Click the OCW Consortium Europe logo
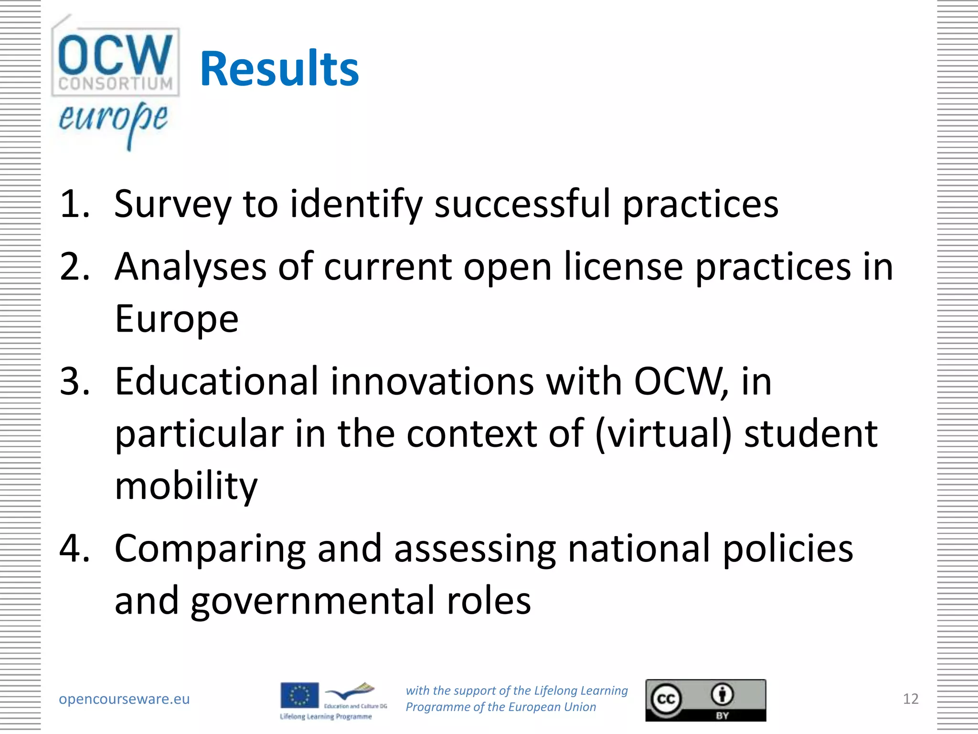pyautogui.click(x=115, y=81)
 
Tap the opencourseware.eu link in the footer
pyautogui.click(x=124, y=699)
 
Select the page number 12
pyautogui.click(x=910, y=699)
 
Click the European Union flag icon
pyautogui.click(x=299, y=695)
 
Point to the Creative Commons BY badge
pyautogui.click(x=705, y=700)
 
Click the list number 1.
pyautogui.click(x=74, y=204)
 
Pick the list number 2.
pyautogui.click(x=74, y=266)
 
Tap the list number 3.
pyautogui.click(x=74, y=381)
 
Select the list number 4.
pyautogui.click(x=74, y=548)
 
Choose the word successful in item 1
pyautogui.click(x=522, y=204)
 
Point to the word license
pyautogui.click(x=623, y=266)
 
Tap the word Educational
pyautogui.click(x=216, y=381)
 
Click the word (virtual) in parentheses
pyautogui.click(x=663, y=434)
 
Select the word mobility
pyautogui.click(x=186, y=486)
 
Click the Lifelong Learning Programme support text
pyautogui.click(x=516, y=699)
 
